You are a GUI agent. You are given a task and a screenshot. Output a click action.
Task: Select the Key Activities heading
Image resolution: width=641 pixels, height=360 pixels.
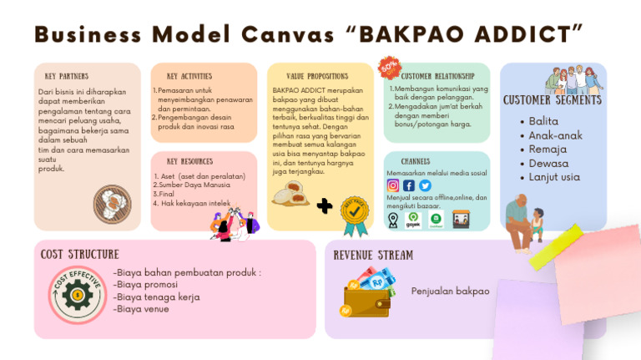coord(189,76)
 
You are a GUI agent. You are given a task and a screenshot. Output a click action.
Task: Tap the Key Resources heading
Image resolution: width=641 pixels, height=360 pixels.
coord(189,161)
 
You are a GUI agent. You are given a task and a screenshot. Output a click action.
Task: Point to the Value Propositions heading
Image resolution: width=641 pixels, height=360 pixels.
coord(316,76)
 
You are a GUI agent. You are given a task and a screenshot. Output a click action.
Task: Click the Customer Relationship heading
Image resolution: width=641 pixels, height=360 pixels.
coord(443,76)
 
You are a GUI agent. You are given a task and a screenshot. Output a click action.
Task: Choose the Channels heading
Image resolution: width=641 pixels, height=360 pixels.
coord(415,160)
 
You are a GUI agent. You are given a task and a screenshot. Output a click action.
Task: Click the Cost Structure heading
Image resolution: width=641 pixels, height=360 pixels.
coord(80,254)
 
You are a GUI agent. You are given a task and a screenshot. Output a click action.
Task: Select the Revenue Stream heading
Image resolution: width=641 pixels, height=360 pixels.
coord(373,255)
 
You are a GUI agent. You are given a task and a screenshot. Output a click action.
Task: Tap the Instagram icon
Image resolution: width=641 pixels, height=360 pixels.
coord(393,185)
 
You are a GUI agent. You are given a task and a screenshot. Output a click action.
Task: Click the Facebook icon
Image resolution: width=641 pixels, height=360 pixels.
coord(409,185)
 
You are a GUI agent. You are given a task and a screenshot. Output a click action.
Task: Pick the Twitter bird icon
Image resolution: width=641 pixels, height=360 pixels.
coord(425,185)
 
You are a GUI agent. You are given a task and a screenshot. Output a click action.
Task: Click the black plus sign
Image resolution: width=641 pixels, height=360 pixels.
coord(325,205)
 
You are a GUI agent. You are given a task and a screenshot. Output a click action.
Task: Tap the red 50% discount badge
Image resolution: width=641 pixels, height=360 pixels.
coord(389,68)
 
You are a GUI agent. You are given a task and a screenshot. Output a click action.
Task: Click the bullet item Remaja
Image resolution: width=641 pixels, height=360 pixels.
coord(548,149)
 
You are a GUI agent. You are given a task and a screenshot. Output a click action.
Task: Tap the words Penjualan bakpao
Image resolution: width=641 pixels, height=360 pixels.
coord(450,292)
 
